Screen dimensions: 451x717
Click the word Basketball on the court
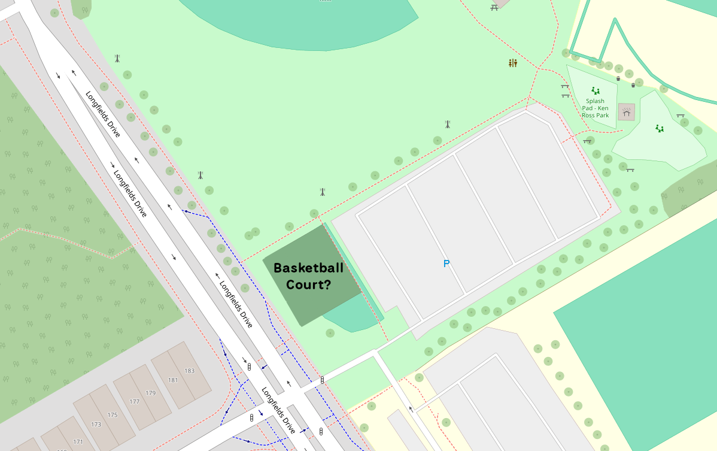[x=308, y=268]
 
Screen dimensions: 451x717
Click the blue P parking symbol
[x=446, y=264]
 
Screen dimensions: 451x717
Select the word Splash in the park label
[x=595, y=101]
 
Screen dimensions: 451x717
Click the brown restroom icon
[x=512, y=63]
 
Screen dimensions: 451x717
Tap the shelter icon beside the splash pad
[x=627, y=111]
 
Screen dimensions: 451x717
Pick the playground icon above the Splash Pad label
[x=596, y=90]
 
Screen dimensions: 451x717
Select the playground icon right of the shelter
[x=660, y=128]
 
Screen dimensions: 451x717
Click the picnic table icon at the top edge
[x=494, y=7]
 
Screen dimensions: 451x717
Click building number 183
[x=189, y=371]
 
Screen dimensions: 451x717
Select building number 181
[x=173, y=380]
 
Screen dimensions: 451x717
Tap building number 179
[x=150, y=393]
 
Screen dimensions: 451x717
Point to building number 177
[x=134, y=402]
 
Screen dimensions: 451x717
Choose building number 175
[x=113, y=414]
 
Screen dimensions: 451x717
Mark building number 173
[x=96, y=424]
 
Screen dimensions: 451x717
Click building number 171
[x=78, y=441]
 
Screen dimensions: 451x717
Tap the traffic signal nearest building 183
[x=249, y=365]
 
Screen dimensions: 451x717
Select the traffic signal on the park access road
[x=323, y=380]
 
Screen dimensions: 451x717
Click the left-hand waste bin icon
[x=618, y=78]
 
